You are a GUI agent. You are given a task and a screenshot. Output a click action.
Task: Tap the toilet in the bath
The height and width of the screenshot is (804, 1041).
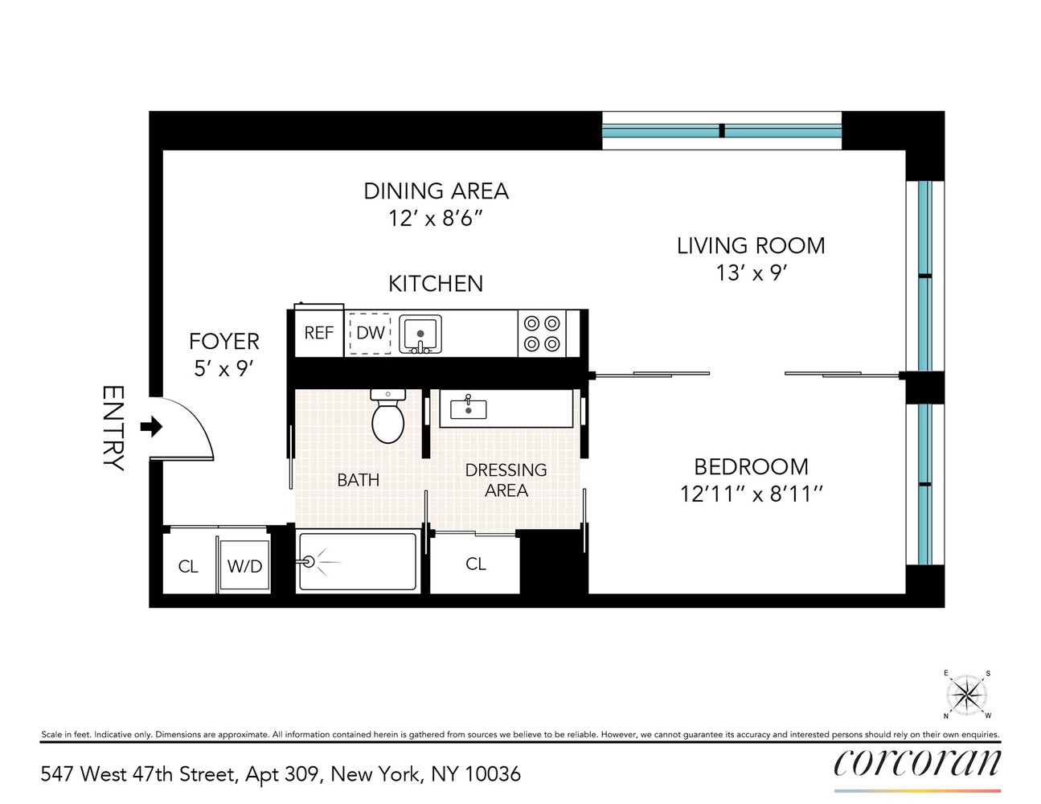388,418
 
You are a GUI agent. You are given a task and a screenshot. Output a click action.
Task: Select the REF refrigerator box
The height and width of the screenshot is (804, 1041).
318,333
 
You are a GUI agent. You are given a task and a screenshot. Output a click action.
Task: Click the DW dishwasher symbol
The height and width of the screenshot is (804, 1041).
370,333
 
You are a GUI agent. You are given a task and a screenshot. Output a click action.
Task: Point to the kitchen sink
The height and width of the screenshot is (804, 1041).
420,334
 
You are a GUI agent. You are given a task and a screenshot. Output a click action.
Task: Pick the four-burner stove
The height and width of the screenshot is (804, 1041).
542,334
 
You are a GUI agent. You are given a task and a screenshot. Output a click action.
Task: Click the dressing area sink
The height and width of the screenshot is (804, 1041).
468,408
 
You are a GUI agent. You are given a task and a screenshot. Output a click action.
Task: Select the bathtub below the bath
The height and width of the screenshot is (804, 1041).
359,561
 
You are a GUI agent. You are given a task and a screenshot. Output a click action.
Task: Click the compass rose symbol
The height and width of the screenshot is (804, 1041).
966,694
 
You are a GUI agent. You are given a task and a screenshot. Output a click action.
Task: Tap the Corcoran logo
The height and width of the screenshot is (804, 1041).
917,762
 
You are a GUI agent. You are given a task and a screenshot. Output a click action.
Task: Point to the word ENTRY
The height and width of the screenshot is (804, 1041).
113,428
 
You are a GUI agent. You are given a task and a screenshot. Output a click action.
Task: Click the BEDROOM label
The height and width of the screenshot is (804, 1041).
751,466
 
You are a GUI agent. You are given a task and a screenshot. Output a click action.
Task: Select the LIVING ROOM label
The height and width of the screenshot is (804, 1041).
751,245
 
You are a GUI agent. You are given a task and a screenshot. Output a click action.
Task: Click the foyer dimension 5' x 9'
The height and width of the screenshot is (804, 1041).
223,369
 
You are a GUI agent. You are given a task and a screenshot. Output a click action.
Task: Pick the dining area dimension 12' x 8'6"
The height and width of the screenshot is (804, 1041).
436,218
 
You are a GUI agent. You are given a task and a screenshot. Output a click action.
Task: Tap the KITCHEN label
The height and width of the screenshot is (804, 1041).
436,284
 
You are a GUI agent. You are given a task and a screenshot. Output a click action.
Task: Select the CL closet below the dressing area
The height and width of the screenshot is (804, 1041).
476,564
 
